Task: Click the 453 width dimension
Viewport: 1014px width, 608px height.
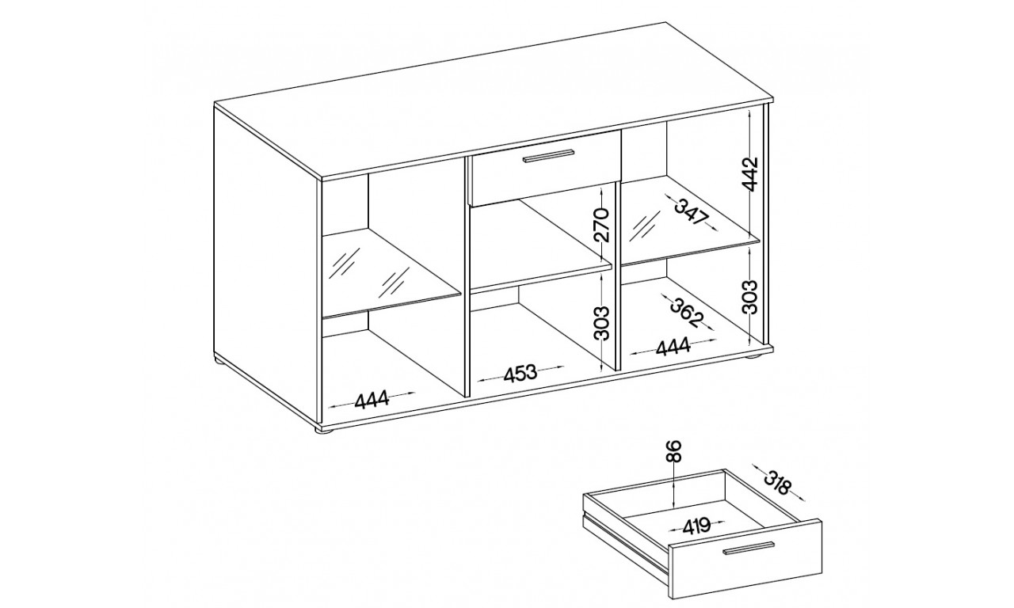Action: (x=520, y=374)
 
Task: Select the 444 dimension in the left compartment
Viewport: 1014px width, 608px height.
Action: (x=372, y=401)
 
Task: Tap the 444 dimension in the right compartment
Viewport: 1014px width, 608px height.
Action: (x=673, y=347)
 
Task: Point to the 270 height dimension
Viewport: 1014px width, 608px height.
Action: (x=601, y=224)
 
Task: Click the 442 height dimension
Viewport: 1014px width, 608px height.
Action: (x=750, y=174)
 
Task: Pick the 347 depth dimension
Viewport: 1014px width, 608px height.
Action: (x=691, y=212)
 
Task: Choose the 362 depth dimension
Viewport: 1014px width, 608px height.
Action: (x=688, y=312)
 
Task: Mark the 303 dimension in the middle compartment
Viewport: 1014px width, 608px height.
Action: (x=601, y=323)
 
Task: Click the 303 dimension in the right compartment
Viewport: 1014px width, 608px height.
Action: (x=750, y=297)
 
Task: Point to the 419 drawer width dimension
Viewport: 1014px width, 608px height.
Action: (x=696, y=526)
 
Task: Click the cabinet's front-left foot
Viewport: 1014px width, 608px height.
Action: (x=325, y=432)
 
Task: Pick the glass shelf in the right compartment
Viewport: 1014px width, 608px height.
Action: (x=690, y=219)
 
